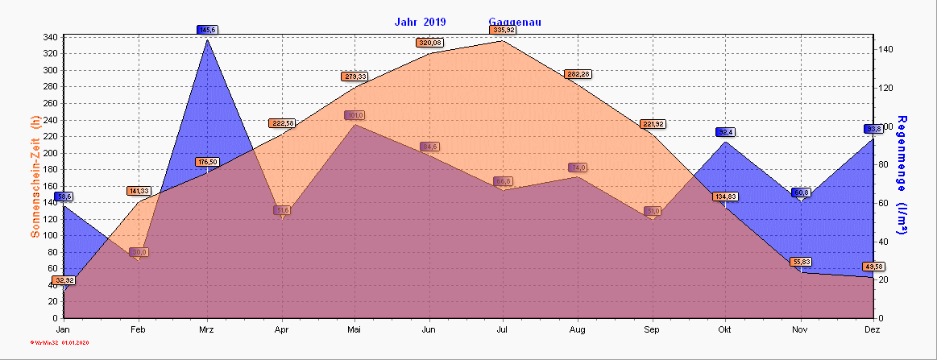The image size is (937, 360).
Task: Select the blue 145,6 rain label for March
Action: (207, 30)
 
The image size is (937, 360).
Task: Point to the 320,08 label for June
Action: (429, 43)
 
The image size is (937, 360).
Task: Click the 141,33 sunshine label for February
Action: (139, 191)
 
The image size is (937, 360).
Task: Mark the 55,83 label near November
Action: (801, 262)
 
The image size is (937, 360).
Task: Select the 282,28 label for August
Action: (578, 74)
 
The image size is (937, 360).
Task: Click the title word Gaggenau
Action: (514, 22)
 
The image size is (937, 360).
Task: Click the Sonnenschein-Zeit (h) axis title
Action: (35, 176)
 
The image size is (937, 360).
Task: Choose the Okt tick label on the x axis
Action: (725, 330)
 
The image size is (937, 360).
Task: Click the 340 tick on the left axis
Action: (49, 37)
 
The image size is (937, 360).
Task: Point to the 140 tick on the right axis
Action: (886, 49)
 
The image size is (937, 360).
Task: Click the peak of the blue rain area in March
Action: (208, 39)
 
